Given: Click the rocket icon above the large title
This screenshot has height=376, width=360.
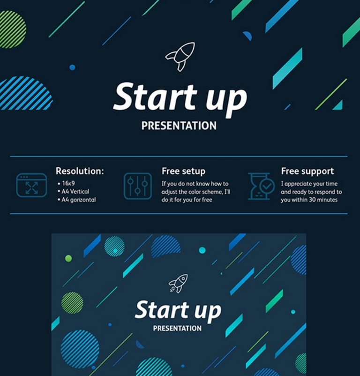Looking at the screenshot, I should coord(180,57).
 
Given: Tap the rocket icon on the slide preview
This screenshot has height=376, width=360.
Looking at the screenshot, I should coord(178,283).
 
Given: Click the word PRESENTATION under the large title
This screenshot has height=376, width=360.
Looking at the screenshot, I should coord(179,126).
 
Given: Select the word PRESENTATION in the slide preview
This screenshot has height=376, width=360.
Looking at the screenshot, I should coord(177,328).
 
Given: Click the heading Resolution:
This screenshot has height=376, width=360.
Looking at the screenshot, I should coord(80,171).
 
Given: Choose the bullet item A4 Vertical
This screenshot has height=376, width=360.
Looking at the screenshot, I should coord(75,191).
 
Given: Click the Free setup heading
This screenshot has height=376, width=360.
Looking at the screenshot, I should coord(183,171).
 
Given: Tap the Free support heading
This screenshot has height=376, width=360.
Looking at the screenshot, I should coord(307,171).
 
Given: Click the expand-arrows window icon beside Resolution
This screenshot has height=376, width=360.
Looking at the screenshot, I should coord(31,185).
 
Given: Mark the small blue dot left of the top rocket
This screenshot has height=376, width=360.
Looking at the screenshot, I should coord(72,68).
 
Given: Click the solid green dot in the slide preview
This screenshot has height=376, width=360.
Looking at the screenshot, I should coord(69,258).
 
